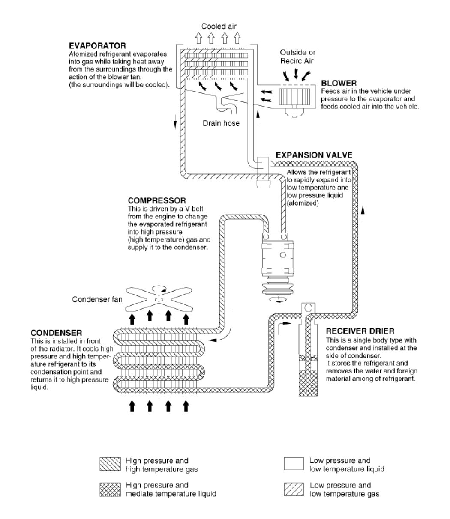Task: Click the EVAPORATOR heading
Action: (x=97, y=46)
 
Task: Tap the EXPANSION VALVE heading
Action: (x=314, y=155)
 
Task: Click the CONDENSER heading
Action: (x=56, y=333)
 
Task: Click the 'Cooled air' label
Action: (x=219, y=27)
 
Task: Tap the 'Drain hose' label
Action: (x=221, y=123)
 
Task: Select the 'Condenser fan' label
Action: (x=97, y=299)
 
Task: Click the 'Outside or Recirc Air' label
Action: (x=297, y=56)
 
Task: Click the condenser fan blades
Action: (x=159, y=300)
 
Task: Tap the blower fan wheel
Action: (x=294, y=96)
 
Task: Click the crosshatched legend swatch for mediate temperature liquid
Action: (x=110, y=489)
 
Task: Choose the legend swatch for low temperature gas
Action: (x=293, y=489)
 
